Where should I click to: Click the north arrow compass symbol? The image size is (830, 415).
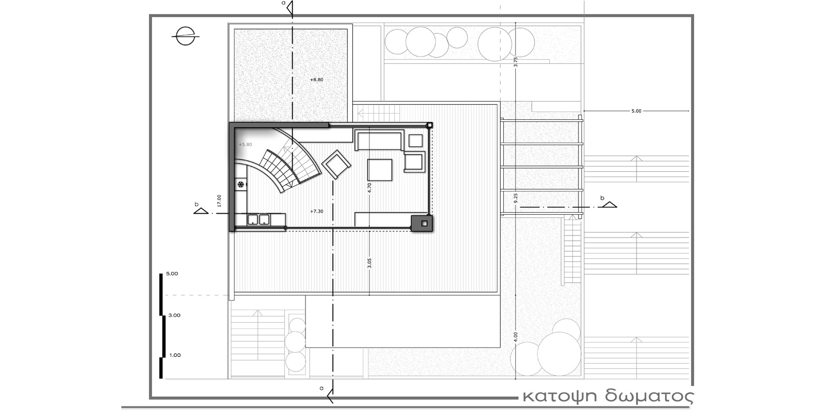pyautogui.click(x=185, y=36)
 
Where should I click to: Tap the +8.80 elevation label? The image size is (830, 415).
pyautogui.click(x=317, y=80)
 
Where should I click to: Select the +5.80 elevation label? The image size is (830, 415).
pyautogui.click(x=245, y=145)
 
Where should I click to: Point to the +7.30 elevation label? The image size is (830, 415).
pyautogui.click(x=317, y=212)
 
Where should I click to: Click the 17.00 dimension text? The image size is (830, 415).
pyautogui.click(x=219, y=200)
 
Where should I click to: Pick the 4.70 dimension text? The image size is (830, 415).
pyautogui.click(x=369, y=188)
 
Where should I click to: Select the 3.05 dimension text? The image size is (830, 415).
pyautogui.click(x=369, y=263)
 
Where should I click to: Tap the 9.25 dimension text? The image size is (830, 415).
pyautogui.click(x=516, y=198)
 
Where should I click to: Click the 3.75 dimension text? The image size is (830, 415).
pyautogui.click(x=516, y=62)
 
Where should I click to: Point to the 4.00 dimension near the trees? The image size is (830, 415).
pyautogui.click(x=516, y=337)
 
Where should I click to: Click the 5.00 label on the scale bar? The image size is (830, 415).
pyautogui.click(x=172, y=274)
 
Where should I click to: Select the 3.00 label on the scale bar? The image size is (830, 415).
pyautogui.click(x=174, y=315)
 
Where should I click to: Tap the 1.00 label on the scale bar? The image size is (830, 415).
pyautogui.click(x=175, y=355)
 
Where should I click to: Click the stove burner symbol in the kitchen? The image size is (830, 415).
pyautogui.click(x=241, y=184)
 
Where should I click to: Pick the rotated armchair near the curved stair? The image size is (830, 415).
pyautogui.click(x=336, y=164)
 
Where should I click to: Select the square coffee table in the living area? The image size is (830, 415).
pyautogui.click(x=380, y=170)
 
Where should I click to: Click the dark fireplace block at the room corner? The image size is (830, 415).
pyautogui.click(x=422, y=224)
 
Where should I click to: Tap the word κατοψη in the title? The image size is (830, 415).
pyautogui.click(x=560, y=396)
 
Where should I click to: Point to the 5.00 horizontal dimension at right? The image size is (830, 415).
pyautogui.click(x=636, y=111)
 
